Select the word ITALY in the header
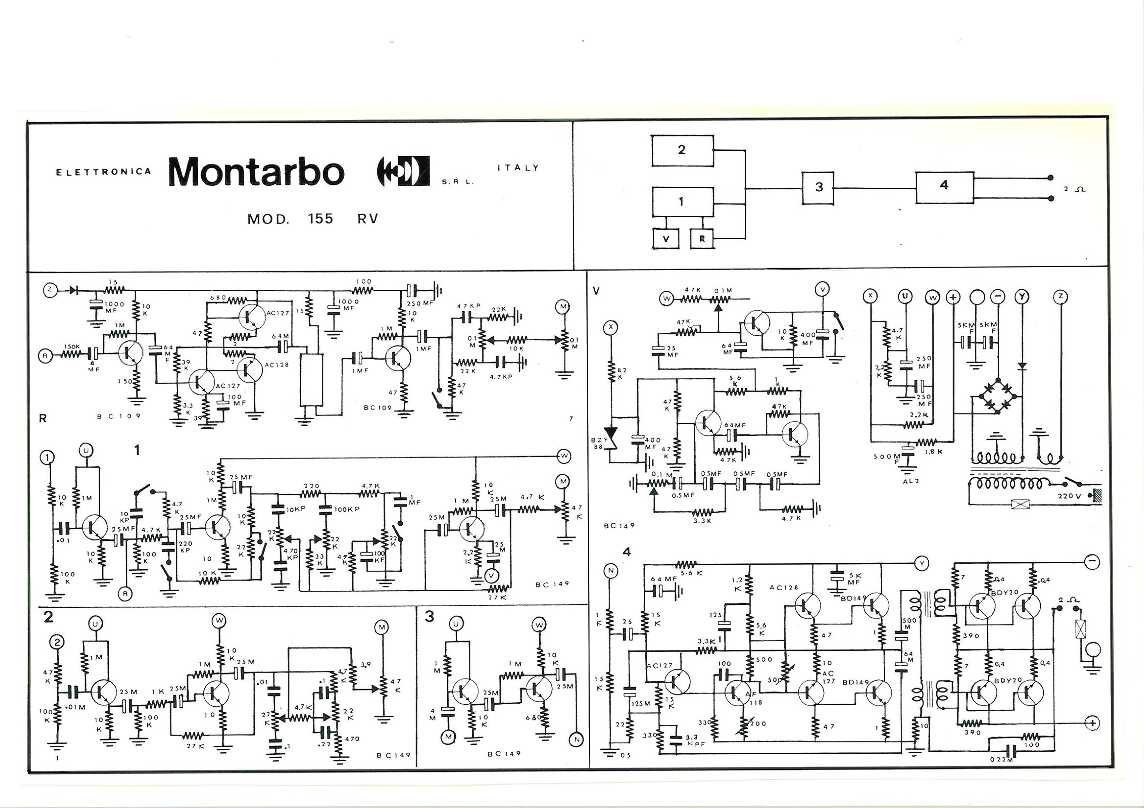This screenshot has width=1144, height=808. (518, 168)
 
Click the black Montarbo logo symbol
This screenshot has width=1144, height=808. (403, 171)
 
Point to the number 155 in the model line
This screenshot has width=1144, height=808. (320, 219)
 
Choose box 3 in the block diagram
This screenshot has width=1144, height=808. (818, 188)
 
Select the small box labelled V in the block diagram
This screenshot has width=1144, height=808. (666, 239)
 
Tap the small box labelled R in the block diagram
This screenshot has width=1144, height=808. (702, 239)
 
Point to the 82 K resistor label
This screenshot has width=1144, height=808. (622, 373)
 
